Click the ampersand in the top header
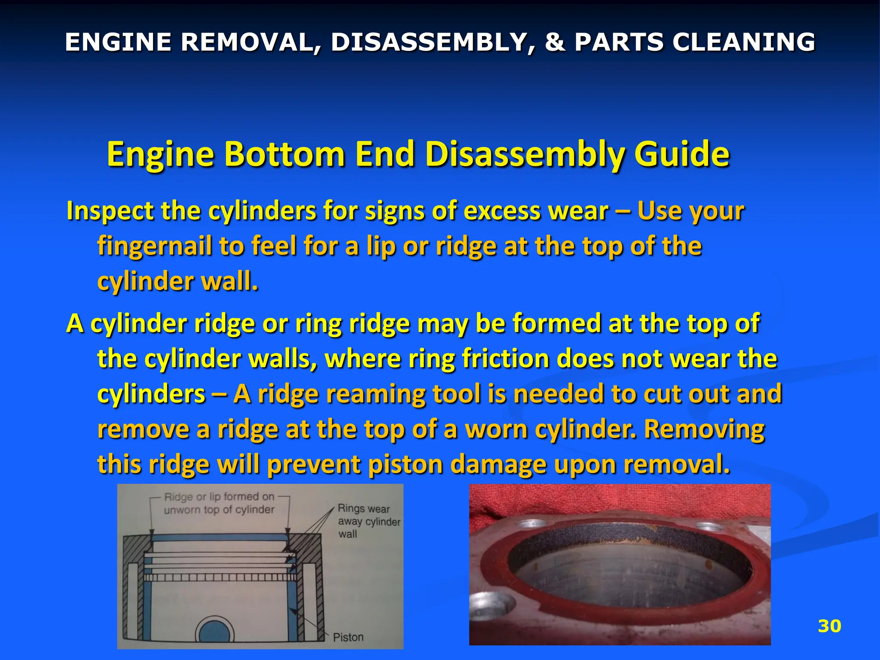click(x=555, y=42)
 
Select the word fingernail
click(x=154, y=247)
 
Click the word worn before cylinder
click(x=497, y=429)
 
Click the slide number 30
click(x=829, y=626)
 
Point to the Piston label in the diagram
click(x=348, y=637)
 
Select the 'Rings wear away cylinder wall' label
click(x=369, y=521)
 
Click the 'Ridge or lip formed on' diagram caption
click(x=219, y=497)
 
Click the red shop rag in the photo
click(x=619, y=503)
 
